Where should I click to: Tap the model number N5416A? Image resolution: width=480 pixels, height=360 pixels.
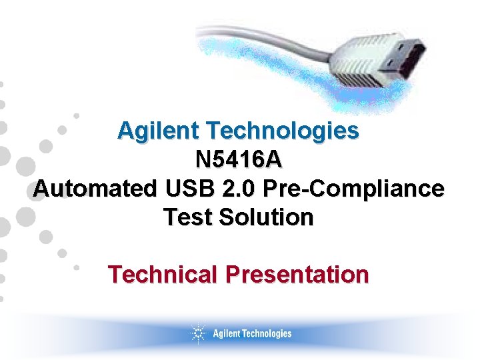tap(239, 160)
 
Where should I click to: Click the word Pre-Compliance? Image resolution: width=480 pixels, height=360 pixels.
tap(353, 189)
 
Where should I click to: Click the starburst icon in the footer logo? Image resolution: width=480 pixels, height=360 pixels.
tap(198, 333)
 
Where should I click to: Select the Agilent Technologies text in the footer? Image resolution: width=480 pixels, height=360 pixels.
tap(252, 333)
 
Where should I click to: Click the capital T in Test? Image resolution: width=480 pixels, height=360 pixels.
tap(170, 217)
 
